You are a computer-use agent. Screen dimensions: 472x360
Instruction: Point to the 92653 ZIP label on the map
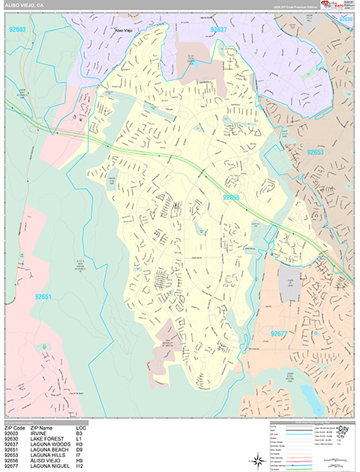coord(316,153)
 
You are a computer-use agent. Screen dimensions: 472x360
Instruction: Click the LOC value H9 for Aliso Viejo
coord(79,460)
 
